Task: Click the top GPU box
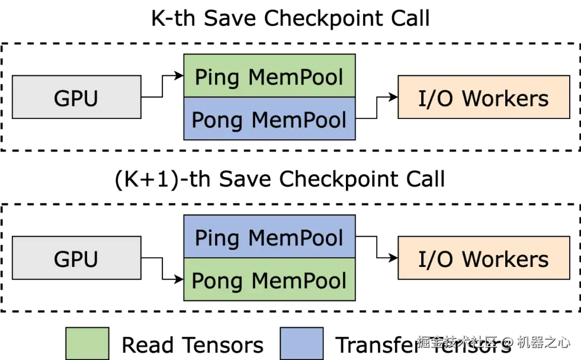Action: pyautogui.click(x=76, y=97)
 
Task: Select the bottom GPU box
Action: pyautogui.click(x=76, y=258)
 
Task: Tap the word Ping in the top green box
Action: pyautogui.click(x=217, y=77)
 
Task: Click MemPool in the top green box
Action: pyautogui.click(x=295, y=77)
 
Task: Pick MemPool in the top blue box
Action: pyautogui.click(x=299, y=119)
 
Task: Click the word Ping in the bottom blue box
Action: pyautogui.click(x=217, y=238)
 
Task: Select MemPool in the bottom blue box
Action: pyautogui.click(x=295, y=237)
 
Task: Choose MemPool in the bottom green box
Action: pyautogui.click(x=299, y=280)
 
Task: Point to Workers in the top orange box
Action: pyautogui.click(x=505, y=98)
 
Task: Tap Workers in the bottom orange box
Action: pyautogui.click(x=505, y=259)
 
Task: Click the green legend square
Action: pyautogui.click(x=87, y=343)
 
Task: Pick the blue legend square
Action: pyautogui.click(x=302, y=343)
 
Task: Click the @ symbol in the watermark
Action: pyautogui.click(x=507, y=342)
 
